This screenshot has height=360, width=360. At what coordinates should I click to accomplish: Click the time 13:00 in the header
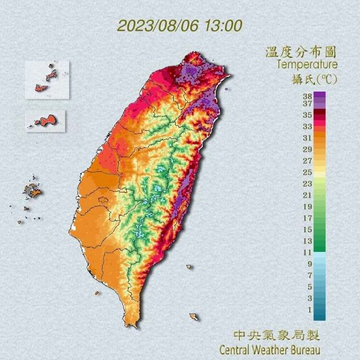click(x=222, y=26)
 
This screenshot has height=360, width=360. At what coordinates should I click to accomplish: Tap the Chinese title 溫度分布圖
click(x=301, y=53)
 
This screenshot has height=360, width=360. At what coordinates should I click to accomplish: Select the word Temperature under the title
click(x=306, y=65)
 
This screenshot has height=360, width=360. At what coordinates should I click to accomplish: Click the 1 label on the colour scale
click(x=308, y=310)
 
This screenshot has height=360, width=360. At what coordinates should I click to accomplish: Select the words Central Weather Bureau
click(x=269, y=349)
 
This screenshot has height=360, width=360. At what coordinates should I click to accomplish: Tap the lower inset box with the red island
click(x=46, y=121)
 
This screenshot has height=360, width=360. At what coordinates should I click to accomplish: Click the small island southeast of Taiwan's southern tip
click(x=194, y=317)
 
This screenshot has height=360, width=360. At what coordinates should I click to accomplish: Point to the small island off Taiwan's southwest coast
click(x=97, y=292)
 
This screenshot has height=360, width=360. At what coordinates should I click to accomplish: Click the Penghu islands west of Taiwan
click(x=32, y=192)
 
